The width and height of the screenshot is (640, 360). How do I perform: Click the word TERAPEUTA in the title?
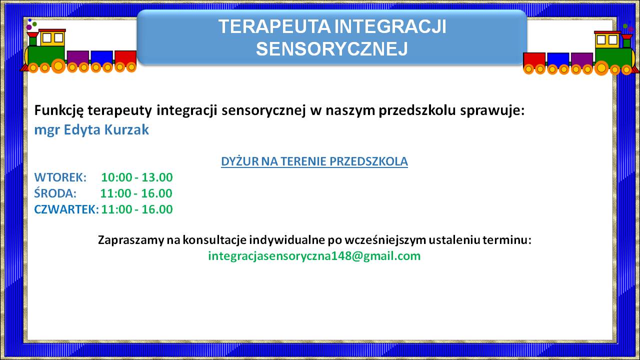point(274,26)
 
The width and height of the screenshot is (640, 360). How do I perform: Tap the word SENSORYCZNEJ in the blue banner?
point(331,49)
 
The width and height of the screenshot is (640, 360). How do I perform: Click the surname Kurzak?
point(126,129)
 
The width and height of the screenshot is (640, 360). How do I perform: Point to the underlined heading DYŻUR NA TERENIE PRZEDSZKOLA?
point(314,161)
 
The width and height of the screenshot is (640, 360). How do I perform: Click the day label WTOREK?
point(60,177)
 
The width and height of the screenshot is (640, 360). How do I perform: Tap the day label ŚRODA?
point(55,193)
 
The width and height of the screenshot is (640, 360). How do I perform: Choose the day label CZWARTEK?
point(66,209)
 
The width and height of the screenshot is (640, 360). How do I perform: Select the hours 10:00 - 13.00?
point(137,177)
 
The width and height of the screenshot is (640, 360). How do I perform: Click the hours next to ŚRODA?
point(136,193)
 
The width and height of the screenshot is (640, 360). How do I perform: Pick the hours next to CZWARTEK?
point(137,209)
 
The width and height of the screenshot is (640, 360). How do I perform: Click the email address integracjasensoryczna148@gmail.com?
point(314,256)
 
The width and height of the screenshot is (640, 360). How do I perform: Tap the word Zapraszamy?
point(131,240)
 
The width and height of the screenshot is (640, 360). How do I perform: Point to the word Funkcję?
point(59,111)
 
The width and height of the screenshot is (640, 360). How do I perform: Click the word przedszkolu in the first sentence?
point(417,111)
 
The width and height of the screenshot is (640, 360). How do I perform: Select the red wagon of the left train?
point(125,58)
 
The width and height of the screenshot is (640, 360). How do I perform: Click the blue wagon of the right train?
point(558,60)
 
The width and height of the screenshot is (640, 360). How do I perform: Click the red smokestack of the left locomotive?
point(33,38)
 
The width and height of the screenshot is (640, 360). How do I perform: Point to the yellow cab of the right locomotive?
point(607,40)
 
